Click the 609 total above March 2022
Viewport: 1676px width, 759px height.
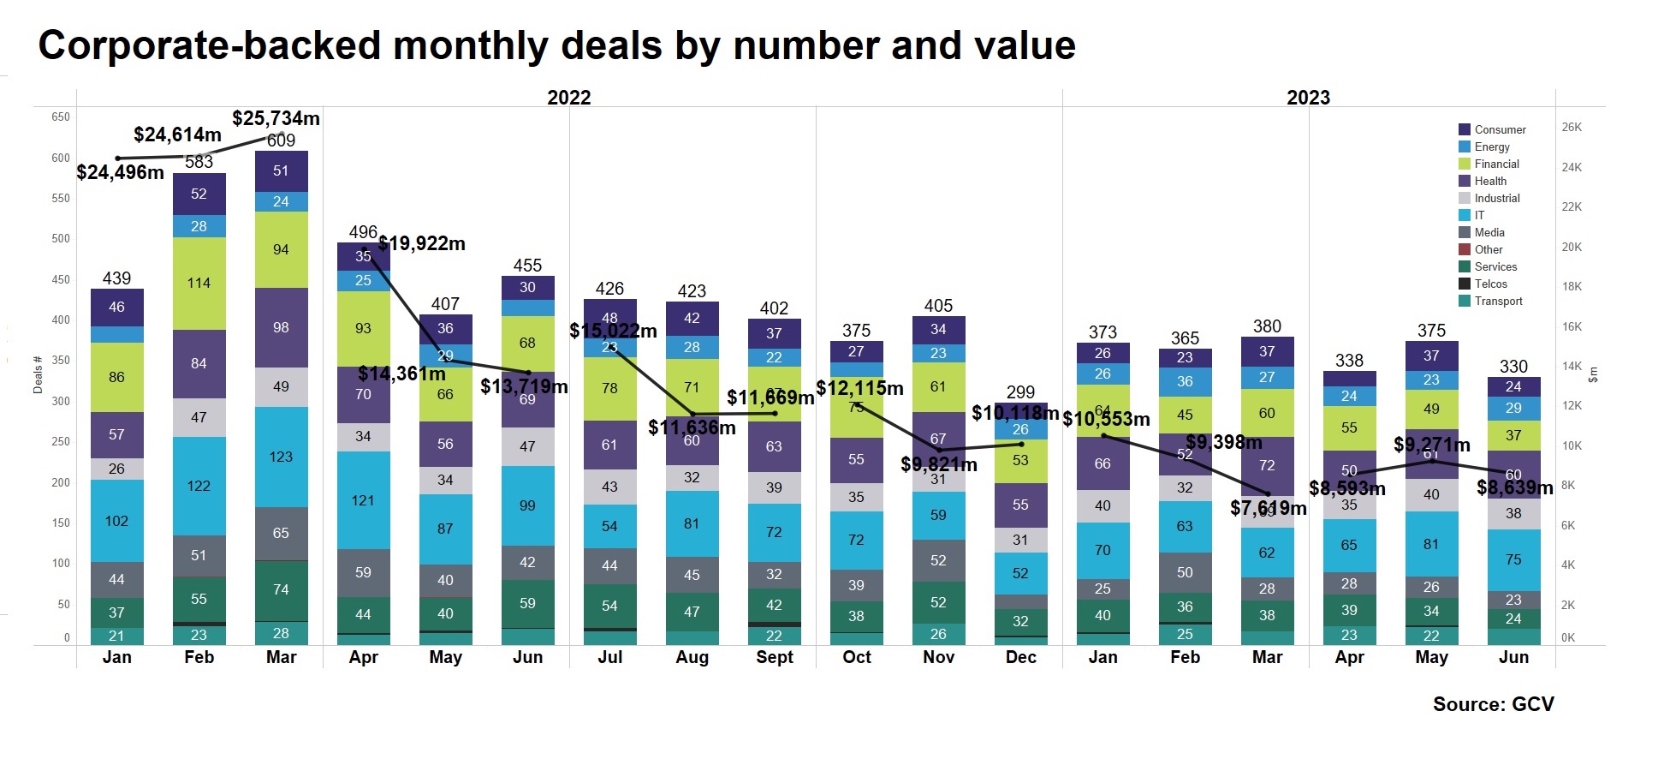[281, 140]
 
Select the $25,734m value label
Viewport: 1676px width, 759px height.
[276, 118]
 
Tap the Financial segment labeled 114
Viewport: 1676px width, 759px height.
[199, 284]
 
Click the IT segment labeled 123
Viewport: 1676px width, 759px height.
[281, 457]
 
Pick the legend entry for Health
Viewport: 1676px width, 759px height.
[1489, 181]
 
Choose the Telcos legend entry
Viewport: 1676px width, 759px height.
[1490, 284]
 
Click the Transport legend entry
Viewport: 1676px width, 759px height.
[1498, 301]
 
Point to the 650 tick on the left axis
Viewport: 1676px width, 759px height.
[61, 117]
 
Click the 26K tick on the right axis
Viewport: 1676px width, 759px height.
[1572, 127]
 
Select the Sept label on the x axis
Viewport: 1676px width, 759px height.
[774, 657]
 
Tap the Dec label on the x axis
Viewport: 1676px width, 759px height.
[1020, 657]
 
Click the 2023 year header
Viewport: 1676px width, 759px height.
[1308, 98]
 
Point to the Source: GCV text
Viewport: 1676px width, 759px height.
[1493, 704]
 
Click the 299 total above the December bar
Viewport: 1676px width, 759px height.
[1020, 392]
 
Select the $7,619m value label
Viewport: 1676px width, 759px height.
[1268, 508]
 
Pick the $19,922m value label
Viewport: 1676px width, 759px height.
[422, 243]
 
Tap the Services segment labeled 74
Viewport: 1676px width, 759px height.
[281, 589]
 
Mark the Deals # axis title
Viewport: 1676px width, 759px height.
[38, 374]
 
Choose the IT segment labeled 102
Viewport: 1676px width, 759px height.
[116, 521]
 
